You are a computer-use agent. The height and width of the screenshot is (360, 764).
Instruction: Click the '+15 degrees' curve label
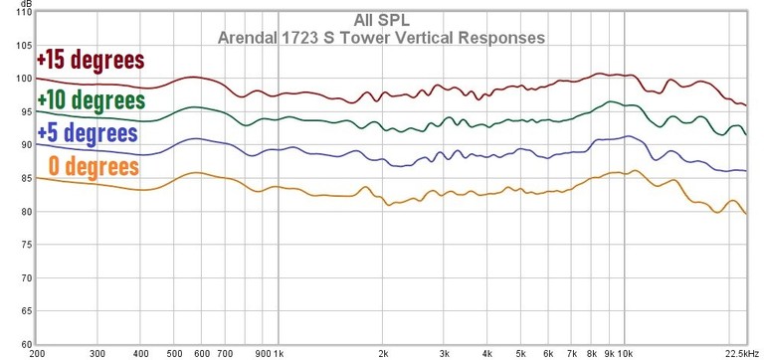[x=91, y=61]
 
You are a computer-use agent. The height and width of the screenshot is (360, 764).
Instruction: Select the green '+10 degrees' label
[x=91, y=100]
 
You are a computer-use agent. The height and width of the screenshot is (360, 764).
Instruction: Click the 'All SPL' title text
[x=382, y=20]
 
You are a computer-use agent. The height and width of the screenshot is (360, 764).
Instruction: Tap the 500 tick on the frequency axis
[x=175, y=352]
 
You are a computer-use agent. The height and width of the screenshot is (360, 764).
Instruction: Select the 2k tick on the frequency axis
[x=383, y=352]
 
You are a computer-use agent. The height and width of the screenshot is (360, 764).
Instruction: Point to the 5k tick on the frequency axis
[x=520, y=352]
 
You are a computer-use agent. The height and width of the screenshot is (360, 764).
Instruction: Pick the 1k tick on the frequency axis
[x=280, y=352]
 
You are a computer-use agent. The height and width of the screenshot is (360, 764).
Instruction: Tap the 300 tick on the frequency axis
[x=97, y=352]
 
